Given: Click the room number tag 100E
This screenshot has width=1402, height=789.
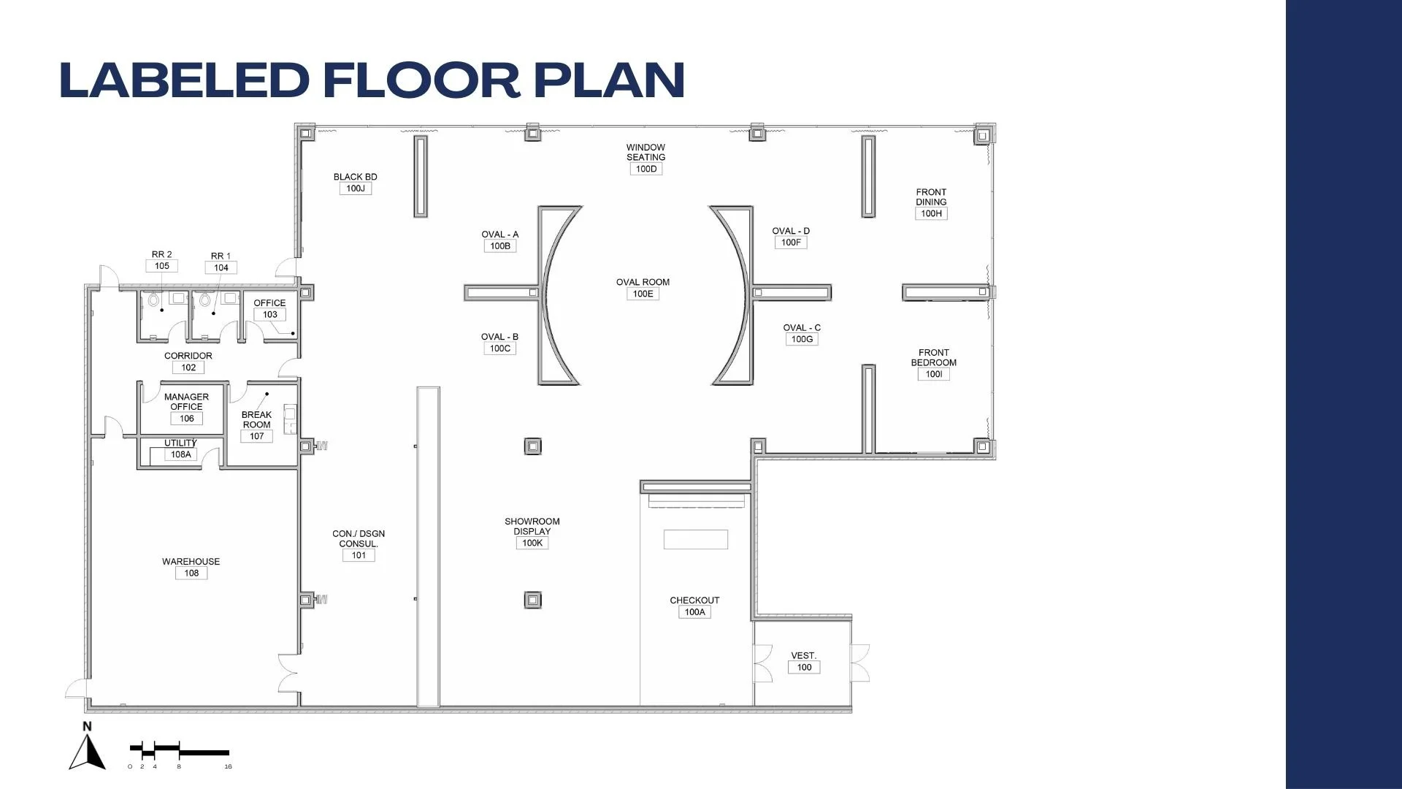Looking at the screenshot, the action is [643, 294].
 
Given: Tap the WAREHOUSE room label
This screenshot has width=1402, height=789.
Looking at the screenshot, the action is [191, 562].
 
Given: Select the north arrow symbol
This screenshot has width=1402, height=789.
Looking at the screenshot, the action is [88, 746].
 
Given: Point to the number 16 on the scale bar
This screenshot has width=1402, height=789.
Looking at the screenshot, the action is [228, 766].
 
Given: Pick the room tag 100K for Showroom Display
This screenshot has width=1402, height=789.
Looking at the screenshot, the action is [532, 543].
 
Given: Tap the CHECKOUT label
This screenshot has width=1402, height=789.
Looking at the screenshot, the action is [694, 601].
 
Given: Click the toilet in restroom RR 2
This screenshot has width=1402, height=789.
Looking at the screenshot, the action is [153, 300].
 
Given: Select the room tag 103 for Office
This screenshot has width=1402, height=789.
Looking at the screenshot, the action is [270, 315].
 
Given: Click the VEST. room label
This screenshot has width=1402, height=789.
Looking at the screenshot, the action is [804, 656].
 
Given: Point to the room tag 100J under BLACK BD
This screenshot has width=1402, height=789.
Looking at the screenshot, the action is [356, 188].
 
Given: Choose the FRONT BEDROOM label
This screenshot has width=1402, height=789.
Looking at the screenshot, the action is [934, 357].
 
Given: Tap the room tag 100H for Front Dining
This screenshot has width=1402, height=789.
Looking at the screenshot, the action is [931, 213].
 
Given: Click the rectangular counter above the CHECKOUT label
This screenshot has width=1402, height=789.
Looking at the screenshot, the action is [695, 539].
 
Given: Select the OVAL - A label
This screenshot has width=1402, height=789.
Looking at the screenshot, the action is [500, 235].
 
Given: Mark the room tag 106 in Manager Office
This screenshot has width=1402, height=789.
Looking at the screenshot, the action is [187, 419].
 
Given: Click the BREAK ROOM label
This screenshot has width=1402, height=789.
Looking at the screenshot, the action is [256, 419].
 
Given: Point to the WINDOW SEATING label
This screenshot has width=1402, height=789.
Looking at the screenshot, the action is [646, 152].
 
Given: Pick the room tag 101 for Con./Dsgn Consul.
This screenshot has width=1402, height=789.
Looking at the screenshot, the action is [359, 555].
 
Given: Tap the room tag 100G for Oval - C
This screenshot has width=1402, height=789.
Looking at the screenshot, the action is [802, 339].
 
